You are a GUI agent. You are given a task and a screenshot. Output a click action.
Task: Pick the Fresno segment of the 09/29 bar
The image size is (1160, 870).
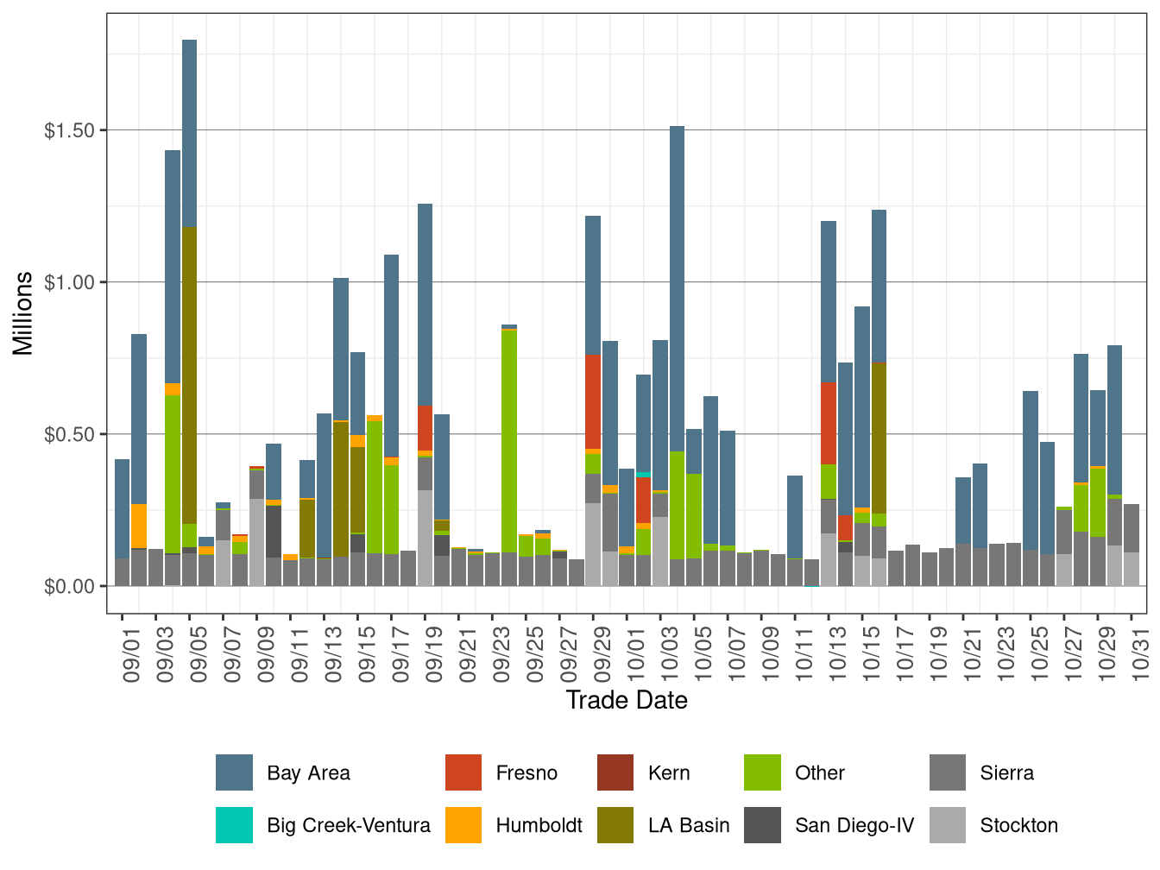pos(593,402)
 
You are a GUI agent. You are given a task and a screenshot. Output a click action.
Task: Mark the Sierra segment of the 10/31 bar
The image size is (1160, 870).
pos(1132,528)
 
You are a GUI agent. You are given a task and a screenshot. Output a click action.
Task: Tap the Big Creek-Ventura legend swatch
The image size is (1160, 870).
pos(234,825)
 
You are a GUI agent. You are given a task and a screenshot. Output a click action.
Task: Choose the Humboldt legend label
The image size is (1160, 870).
pos(539,825)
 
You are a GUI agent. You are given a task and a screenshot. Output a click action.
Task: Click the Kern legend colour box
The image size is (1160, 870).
pos(615,772)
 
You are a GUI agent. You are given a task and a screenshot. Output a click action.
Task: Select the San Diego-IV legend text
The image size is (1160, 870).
pos(854,825)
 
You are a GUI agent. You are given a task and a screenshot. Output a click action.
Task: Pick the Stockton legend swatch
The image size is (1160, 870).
pos(948,825)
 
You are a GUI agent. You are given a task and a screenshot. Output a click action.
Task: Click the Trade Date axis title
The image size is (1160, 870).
pos(627,700)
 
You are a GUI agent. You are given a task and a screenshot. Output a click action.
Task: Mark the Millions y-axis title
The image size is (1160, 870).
pos(23,312)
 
